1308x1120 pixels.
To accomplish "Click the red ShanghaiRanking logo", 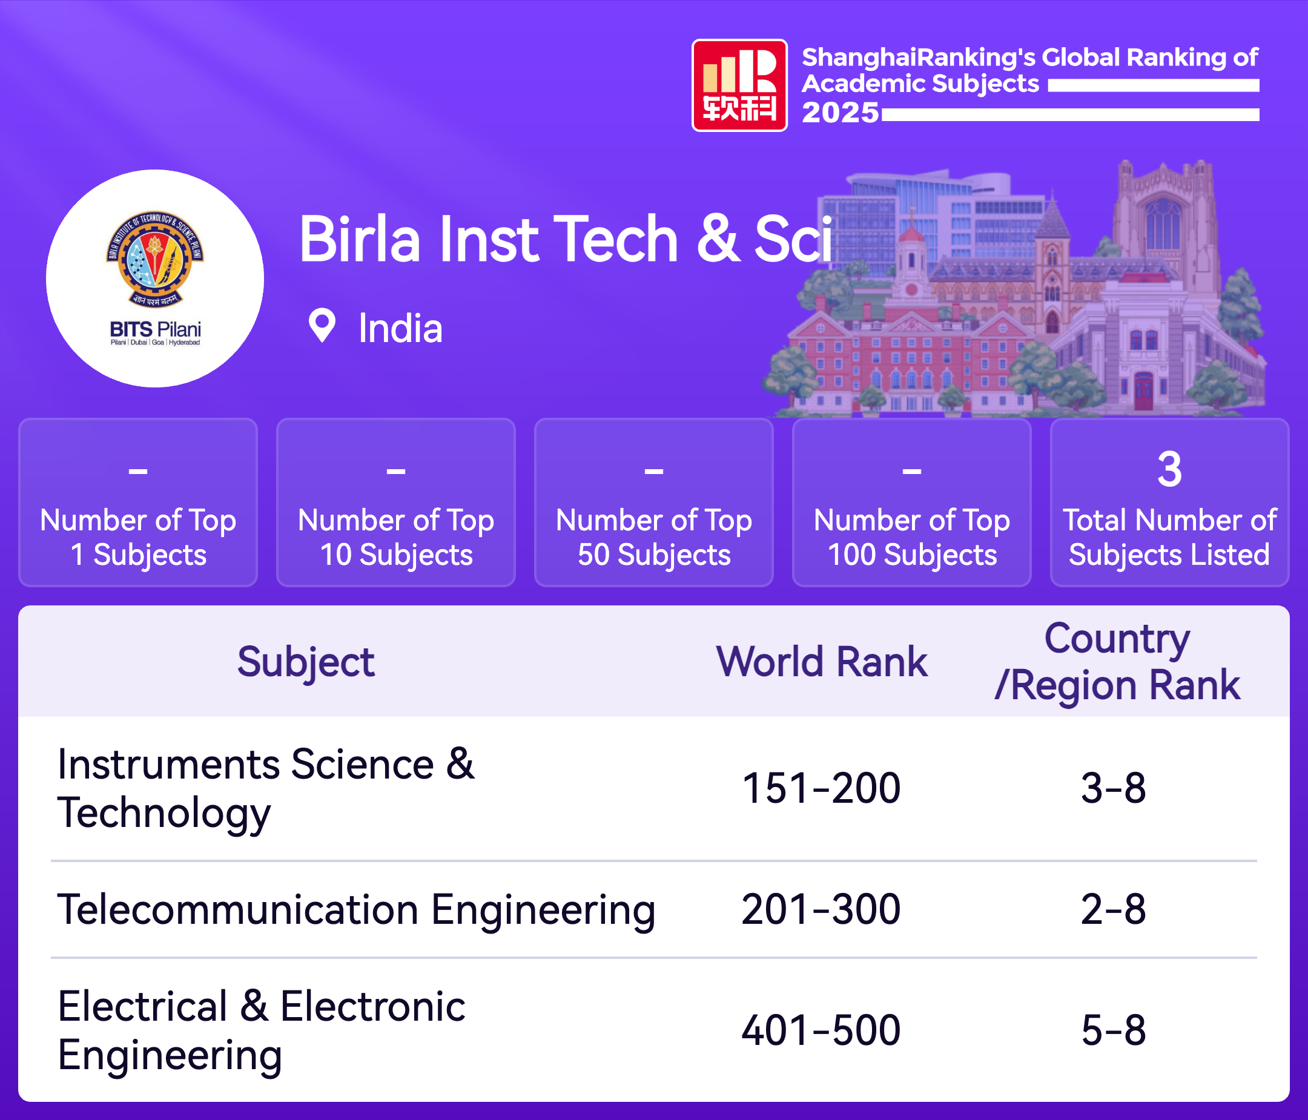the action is [739, 85].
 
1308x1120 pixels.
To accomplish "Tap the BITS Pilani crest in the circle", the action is [155, 259].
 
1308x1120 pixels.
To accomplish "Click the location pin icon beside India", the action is [322, 326].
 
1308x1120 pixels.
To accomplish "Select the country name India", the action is [400, 328].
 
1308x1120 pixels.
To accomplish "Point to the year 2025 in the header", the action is [841, 113].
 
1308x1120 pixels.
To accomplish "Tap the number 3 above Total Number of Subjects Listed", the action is [1169, 469].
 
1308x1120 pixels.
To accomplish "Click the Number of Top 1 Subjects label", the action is [138, 538].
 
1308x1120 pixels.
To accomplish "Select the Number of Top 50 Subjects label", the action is [654, 538].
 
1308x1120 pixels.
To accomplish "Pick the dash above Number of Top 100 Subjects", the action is [911, 471].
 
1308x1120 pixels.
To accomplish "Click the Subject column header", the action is [306, 662].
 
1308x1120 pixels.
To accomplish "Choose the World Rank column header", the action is [822, 662].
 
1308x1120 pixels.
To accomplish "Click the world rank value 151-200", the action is [821, 788].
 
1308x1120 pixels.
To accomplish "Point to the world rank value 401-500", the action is [821, 1030].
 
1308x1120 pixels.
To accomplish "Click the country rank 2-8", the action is [1114, 909].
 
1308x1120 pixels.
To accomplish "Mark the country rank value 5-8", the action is [1114, 1030].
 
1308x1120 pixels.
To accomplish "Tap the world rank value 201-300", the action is [821, 909].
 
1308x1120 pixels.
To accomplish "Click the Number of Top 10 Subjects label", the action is [396, 538].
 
